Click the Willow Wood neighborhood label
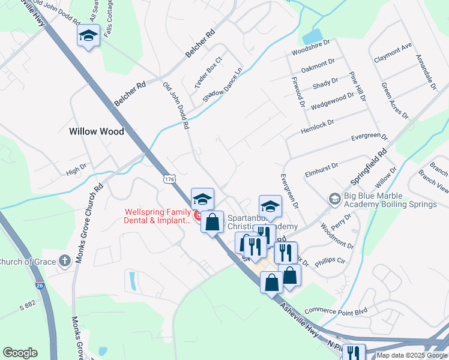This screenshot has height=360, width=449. (x=96, y=131)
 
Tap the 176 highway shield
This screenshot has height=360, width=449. (x=170, y=179)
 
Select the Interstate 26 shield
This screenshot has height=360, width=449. (x=40, y=286)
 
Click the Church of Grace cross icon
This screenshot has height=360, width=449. (x=65, y=261)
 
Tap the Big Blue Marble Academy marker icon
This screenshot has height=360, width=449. (x=334, y=198)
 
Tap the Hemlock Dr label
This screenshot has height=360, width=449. (x=317, y=126)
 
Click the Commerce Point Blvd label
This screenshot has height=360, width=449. (x=336, y=311)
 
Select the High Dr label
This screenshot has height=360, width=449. (x=76, y=171)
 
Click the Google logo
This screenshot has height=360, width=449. (x=20, y=353)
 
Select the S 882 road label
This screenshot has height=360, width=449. (x=28, y=307)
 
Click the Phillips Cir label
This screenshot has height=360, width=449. (x=333, y=261)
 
